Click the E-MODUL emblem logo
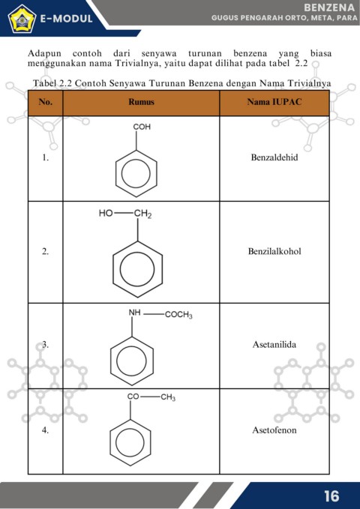pyautogui.click(x=22, y=19)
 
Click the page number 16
pyautogui.click(x=331, y=496)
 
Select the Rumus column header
pyautogui.click(x=141, y=102)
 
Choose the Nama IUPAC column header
pyautogui.click(x=274, y=102)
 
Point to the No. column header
pyautogui.click(x=45, y=102)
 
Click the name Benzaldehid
pyautogui.click(x=274, y=157)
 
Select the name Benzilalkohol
pyautogui.click(x=274, y=251)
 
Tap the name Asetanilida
pyautogui.click(x=274, y=344)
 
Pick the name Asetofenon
pyautogui.click(x=274, y=430)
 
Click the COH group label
pyautogui.click(x=142, y=127)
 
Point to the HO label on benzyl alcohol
pyautogui.click(x=106, y=214)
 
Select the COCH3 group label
pyautogui.click(x=178, y=315)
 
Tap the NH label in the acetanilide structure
pyautogui.click(x=134, y=313)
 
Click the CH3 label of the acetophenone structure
pyautogui.click(x=168, y=397)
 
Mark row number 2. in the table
pyautogui.click(x=45, y=252)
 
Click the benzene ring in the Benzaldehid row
pyautogui.click(x=136, y=173)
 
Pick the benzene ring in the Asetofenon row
pyautogui.click(x=130, y=443)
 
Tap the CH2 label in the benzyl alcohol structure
pyautogui.click(x=143, y=214)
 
